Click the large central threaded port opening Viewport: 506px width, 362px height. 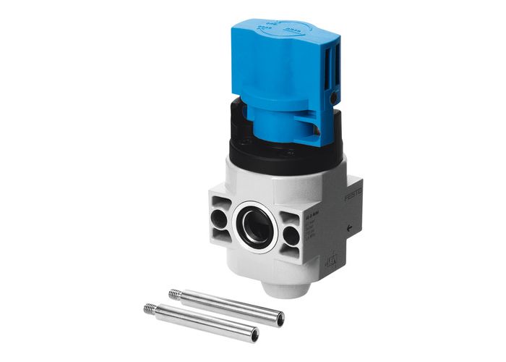pyautogui.click(x=257, y=226)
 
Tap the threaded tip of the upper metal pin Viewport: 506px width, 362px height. pyautogui.click(x=174, y=294)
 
